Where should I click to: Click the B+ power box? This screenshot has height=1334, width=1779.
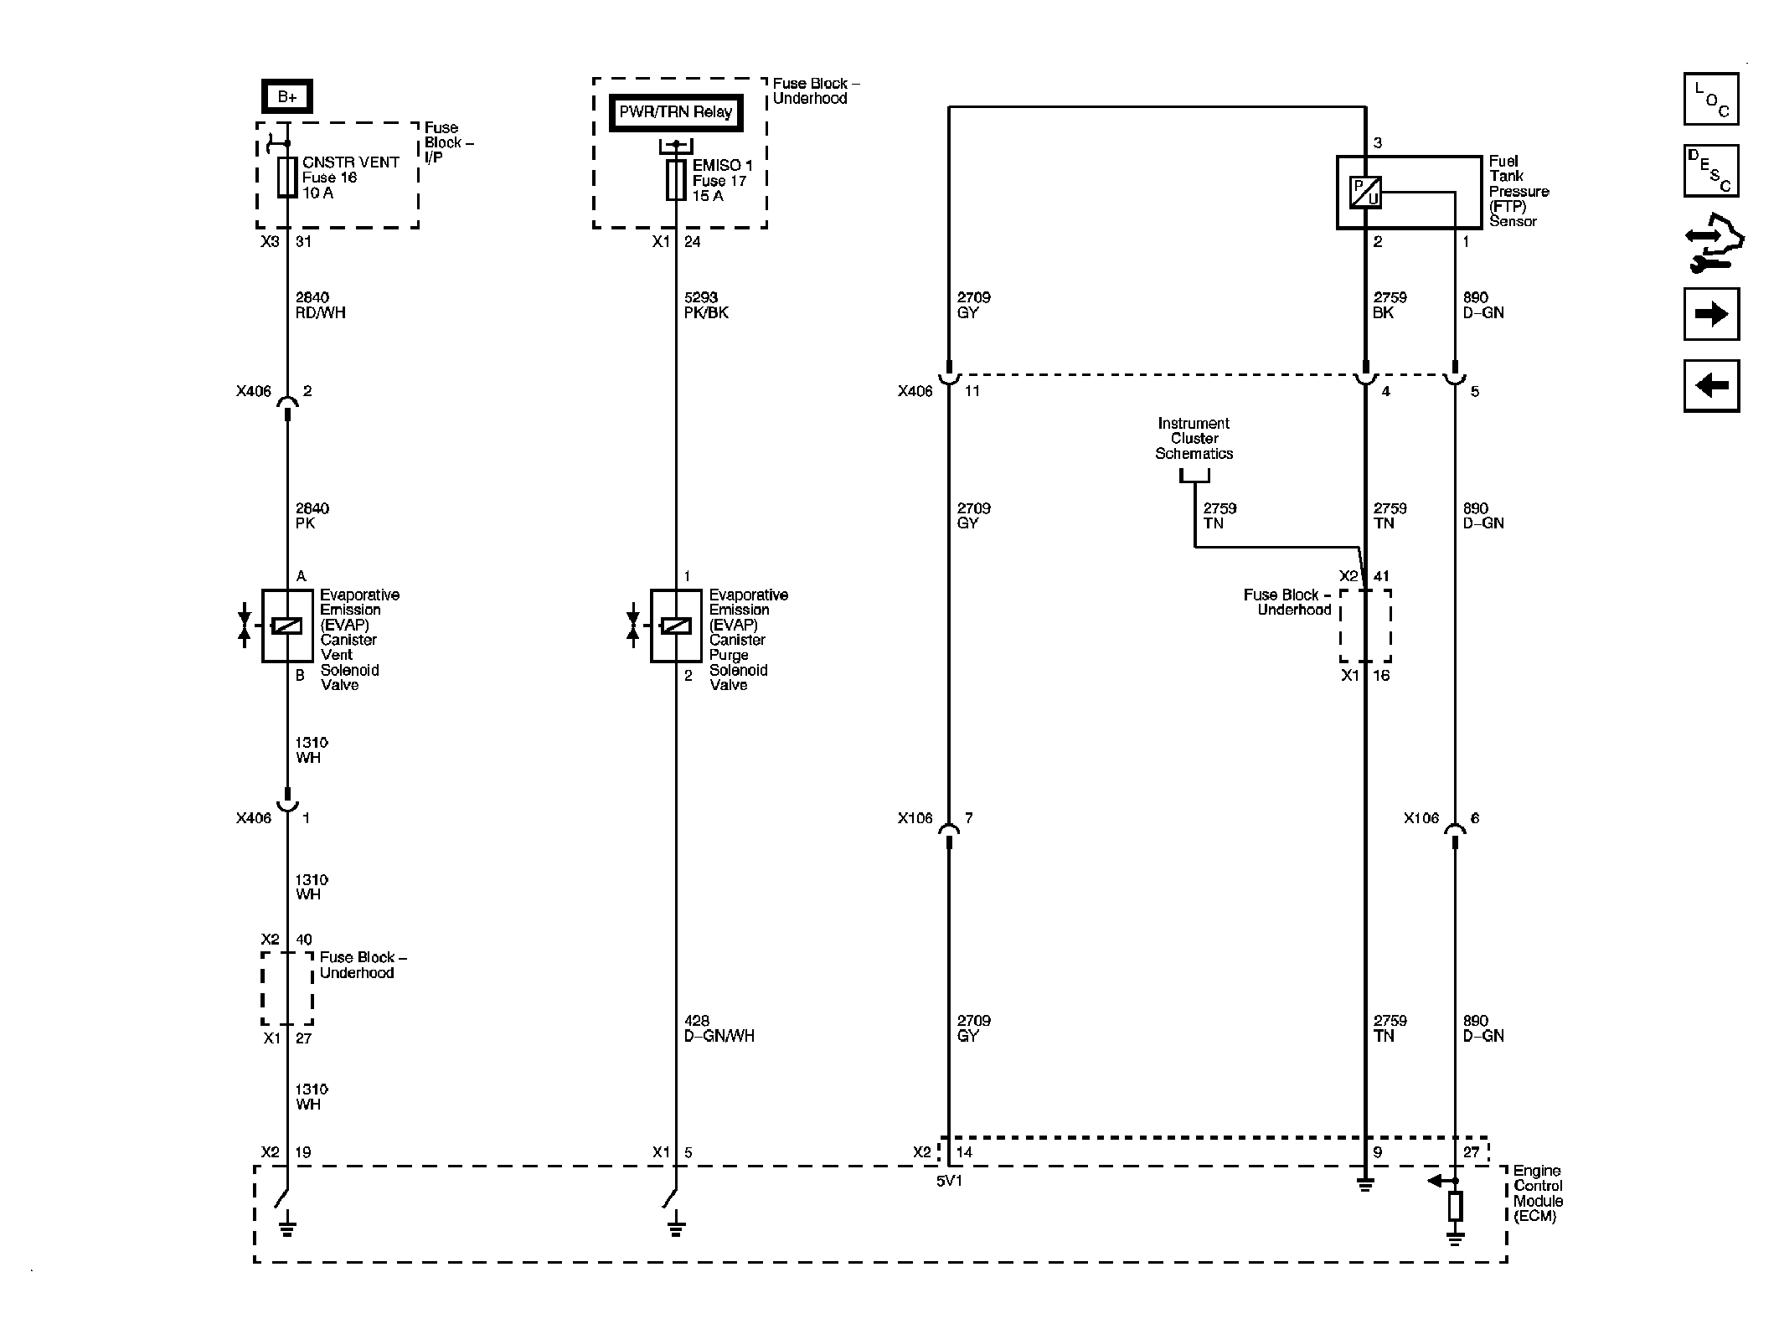click(x=286, y=97)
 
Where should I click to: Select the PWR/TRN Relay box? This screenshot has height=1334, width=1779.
click(x=675, y=112)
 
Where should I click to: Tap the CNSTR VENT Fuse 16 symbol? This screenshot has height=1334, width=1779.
click(x=287, y=178)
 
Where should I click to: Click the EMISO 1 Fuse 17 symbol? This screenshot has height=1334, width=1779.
click(x=676, y=181)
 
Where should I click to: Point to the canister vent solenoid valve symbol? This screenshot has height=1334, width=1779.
click(x=287, y=626)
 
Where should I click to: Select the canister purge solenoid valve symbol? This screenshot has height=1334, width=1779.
click(x=676, y=626)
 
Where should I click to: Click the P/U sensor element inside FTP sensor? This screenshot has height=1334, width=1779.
click(x=1365, y=193)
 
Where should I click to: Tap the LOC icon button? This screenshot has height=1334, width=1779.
click(x=1710, y=99)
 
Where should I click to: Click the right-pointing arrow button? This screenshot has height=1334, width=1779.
click(x=1710, y=314)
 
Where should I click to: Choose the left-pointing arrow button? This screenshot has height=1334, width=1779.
click(x=1710, y=386)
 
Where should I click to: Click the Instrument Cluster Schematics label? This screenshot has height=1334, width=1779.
click(x=1194, y=439)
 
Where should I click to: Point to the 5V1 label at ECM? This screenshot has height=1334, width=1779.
click(x=949, y=1182)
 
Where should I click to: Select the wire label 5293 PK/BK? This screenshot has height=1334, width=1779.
click(x=705, y=305)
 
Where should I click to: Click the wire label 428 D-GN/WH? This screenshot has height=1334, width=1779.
click(x=719, y=1028)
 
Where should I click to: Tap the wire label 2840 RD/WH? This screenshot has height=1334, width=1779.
click(x=320, y=305)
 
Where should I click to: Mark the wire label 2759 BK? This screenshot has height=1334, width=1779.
click(x=1390, y=305)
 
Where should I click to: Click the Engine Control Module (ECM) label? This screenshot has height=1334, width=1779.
click(x=1537, y=1193)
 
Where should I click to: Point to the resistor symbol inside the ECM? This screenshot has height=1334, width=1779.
click(x=1455, y=1206)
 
